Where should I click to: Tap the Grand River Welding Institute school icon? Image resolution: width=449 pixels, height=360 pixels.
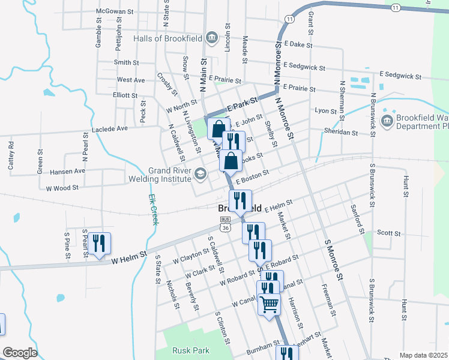(x=200, y=175)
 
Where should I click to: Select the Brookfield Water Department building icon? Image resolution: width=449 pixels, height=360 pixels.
(x=387, y=122)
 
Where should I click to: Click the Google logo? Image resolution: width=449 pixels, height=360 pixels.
(x=20, y=353)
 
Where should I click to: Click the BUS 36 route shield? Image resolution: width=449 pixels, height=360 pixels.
(x=224, y=224)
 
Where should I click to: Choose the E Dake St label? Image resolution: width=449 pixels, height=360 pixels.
(x=299, y=44)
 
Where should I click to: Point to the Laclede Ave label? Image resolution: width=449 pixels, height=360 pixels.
(x=110, y=128)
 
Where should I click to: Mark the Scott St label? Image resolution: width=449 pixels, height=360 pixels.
(x=388, y=232)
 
